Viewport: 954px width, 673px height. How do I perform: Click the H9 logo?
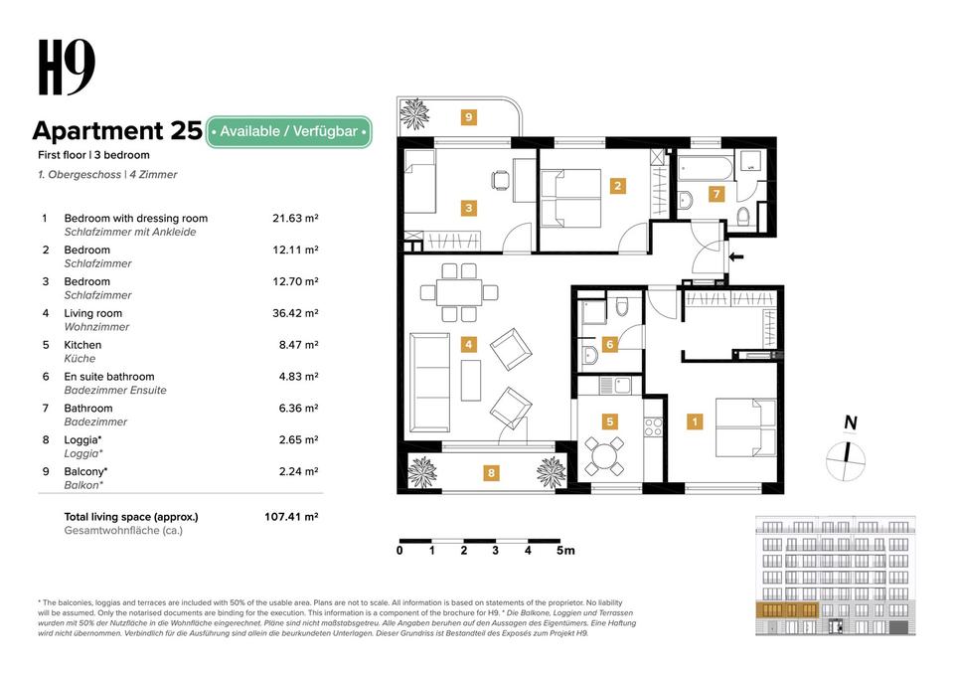tap(67, 67)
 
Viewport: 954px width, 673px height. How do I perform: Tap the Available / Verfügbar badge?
tap(288, 131)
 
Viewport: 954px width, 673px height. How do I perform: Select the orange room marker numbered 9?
tap(468, 117)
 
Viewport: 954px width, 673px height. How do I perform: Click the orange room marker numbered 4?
tap(468, 344)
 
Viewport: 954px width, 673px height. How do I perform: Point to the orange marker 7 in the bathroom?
tap(716, 194)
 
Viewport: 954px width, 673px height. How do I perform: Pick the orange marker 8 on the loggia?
tap(491, 473)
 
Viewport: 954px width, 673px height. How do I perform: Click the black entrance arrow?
tap(736, 256)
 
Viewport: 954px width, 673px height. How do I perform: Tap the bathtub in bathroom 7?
tap(706, 168)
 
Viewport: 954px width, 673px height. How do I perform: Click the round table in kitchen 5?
tap(604, 455)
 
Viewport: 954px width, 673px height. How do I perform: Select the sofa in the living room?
tap(430, 382)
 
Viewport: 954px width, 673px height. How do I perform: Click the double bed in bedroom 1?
tap(746, 427)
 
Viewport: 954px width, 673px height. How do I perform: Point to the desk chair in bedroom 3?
tap(500, 180)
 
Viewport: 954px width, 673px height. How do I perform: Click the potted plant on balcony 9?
tap(414, 113)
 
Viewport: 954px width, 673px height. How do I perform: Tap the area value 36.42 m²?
tap(295, 313)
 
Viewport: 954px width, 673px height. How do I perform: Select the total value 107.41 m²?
tap(291, 517)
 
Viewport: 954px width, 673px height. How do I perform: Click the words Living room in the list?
tap(93, 313)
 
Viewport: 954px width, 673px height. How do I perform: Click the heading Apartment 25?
tap(117, 131)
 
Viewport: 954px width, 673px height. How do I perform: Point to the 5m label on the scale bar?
tap(565, 551)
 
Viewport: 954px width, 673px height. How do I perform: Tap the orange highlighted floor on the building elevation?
tap(787, 609)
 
